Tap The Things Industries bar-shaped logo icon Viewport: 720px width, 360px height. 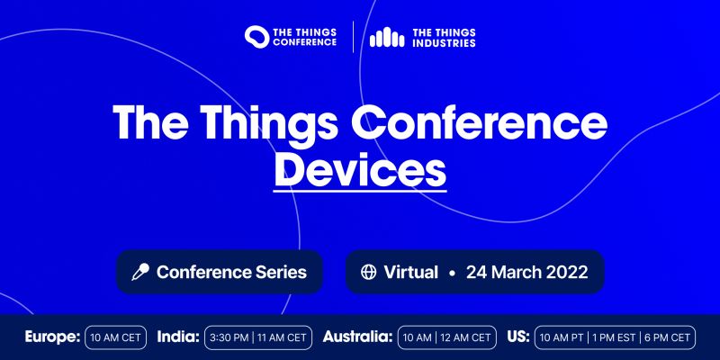pyautogui.click(x=388, y=37)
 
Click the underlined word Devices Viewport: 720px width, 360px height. pyautogui.click(x=360, y=169)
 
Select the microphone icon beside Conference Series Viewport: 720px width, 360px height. pyautogui.click(x=140, y=272)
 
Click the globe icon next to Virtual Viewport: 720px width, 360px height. pyautogui.click(x=368, y=272)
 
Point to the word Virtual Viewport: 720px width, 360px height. pyautogui.click(x=410, y=272)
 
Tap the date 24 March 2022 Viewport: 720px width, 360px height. pyautogui.click(x=526, y=272)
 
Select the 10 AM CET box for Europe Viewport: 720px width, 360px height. pyautogui.click(x=116, y=338)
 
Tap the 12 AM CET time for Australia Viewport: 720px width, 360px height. pyautogui.click(x=466, y=338)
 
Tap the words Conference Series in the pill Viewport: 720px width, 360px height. pyautogui.click(x=231, y=272)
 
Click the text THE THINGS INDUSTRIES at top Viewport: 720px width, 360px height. pyautogui.click(x=444, y=37)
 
